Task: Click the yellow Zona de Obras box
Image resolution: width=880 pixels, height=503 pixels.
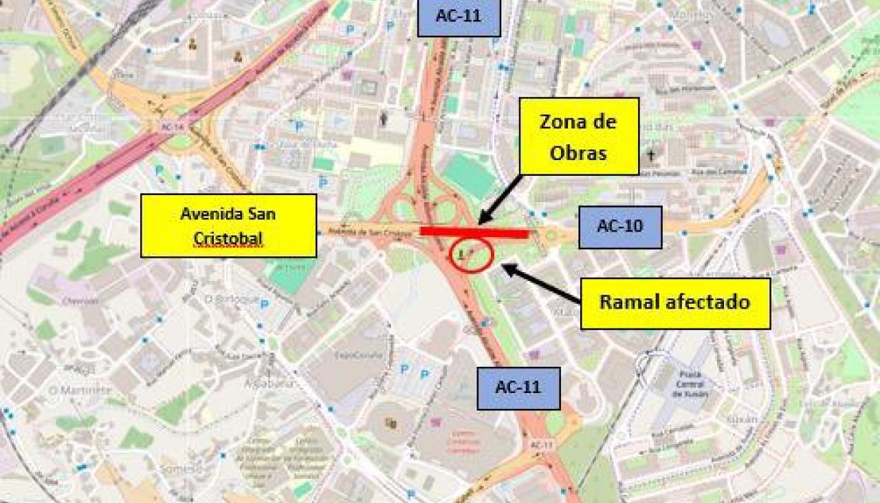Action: pos(579,136)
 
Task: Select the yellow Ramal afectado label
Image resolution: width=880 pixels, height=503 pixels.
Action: pos(675,303)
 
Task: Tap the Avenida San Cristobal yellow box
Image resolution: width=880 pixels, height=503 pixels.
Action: pos(228,225)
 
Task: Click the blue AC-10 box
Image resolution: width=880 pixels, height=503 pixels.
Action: pos(619,227)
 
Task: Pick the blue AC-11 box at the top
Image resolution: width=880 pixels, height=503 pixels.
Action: pos(459,17)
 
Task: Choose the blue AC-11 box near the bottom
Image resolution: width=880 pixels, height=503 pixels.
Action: pos(518,388)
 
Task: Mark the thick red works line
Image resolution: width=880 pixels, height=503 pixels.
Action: pos(474,233)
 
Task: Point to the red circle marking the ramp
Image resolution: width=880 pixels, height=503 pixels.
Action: pos(472,256)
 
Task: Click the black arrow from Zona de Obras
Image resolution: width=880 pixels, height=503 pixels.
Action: pos(499,199)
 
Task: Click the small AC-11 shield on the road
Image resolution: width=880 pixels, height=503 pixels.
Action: pos(541,445)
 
